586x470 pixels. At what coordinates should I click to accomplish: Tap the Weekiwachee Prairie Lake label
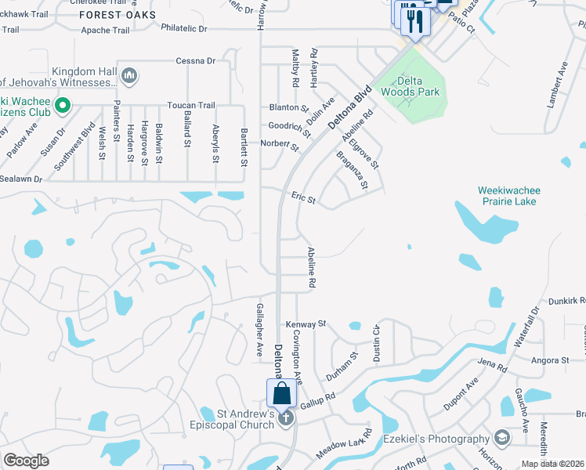tap(509, 196)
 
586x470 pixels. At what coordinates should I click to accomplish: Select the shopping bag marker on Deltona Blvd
tap(282, 393)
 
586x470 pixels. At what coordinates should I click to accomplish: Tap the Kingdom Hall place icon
tap(129, 76)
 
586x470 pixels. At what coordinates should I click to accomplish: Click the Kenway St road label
tap(306, 324)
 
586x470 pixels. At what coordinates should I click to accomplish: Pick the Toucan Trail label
tap(190, 106)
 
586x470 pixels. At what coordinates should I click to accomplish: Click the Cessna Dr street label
tap(196, 60)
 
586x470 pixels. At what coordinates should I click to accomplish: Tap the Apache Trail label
tap(105, 31)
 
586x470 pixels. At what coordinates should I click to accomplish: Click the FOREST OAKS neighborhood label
tap(118, 15)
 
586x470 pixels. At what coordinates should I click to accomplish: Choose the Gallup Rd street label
tap(317, 399)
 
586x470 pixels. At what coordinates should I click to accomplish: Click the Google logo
tap(26, 461)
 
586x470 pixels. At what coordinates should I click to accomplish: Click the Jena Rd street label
tap(493, 365)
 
